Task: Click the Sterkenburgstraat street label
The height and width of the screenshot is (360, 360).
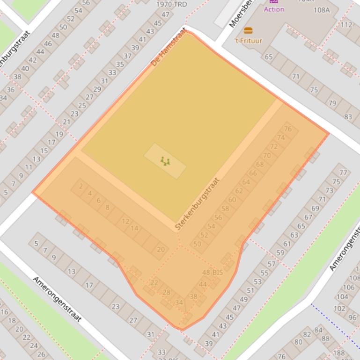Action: (x=197, y=203)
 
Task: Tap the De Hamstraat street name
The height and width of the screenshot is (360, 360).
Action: (x=169, y=47)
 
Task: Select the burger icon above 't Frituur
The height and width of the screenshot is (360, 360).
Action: (x=248, y=31)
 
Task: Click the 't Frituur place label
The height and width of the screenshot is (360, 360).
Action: (x=248, y=41)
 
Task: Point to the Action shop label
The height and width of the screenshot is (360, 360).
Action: (x=274, y=9)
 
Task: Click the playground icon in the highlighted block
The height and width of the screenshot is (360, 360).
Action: (x=165, y=161)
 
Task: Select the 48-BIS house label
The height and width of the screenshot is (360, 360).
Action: (x=212, y=273)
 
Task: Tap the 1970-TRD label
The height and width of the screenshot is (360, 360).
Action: (x=171, y=4)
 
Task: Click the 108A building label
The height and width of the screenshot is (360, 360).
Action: (x=322, y=10)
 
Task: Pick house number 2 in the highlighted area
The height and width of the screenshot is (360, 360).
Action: (x=81, y=187)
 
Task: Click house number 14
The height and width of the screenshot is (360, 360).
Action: (x=134, y=228)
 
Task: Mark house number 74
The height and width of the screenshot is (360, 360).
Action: (x=281, y=137)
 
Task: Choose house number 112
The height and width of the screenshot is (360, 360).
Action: (x=346, y=25)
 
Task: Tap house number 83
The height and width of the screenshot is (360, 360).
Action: (x=348, y=117)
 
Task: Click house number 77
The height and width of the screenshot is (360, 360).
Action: (x=343, y=173)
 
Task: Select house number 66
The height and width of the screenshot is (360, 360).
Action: (x=253, y=173)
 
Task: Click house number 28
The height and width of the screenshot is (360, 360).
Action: (x=166, y=293)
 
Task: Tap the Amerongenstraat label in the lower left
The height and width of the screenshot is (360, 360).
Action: (x=57, y=299)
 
